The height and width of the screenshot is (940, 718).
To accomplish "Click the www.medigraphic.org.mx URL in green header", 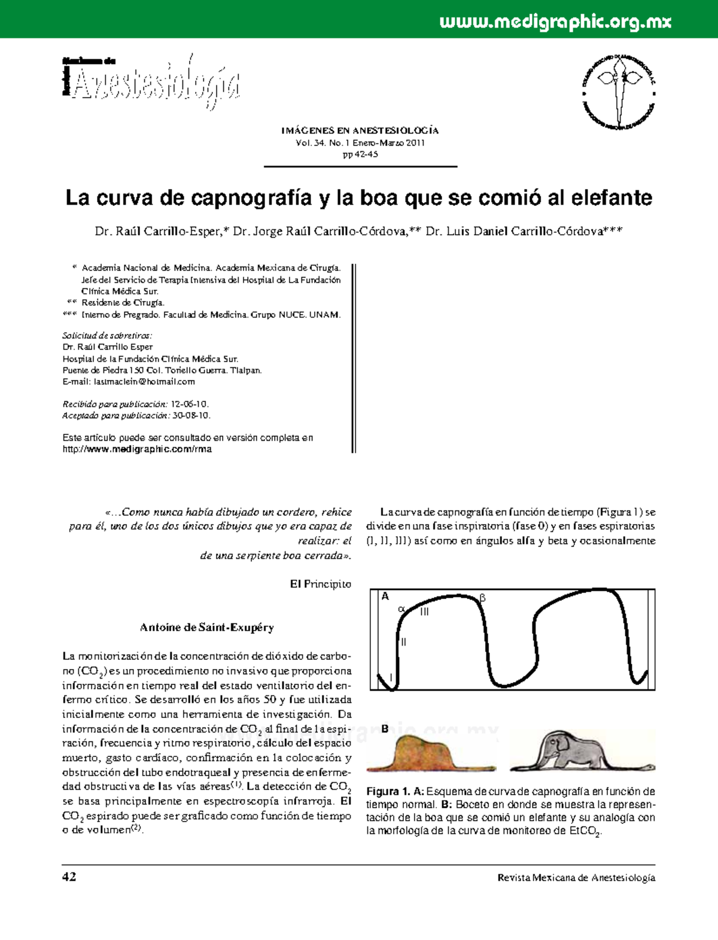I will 555,23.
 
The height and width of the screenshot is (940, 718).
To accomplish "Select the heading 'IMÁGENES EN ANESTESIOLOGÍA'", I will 360,130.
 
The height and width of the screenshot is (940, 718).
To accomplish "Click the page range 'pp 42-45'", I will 360,154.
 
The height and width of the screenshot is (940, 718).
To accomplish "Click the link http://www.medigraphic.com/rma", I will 138,449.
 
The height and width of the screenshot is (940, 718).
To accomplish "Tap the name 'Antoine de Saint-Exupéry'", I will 207,628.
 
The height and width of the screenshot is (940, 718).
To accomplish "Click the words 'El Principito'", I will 321,584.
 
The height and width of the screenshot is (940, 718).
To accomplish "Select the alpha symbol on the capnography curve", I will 401,609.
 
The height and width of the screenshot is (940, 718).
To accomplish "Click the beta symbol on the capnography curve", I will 483,598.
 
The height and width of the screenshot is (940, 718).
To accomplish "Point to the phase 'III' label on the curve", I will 424,612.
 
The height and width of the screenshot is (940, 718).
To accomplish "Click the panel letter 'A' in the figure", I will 385,597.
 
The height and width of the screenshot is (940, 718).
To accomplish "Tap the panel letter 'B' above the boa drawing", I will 385,729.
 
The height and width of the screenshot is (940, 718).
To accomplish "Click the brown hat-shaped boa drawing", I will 430,754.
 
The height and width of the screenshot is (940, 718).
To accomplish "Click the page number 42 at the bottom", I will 69,877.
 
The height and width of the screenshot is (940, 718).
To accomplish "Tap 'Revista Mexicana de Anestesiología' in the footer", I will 576,878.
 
